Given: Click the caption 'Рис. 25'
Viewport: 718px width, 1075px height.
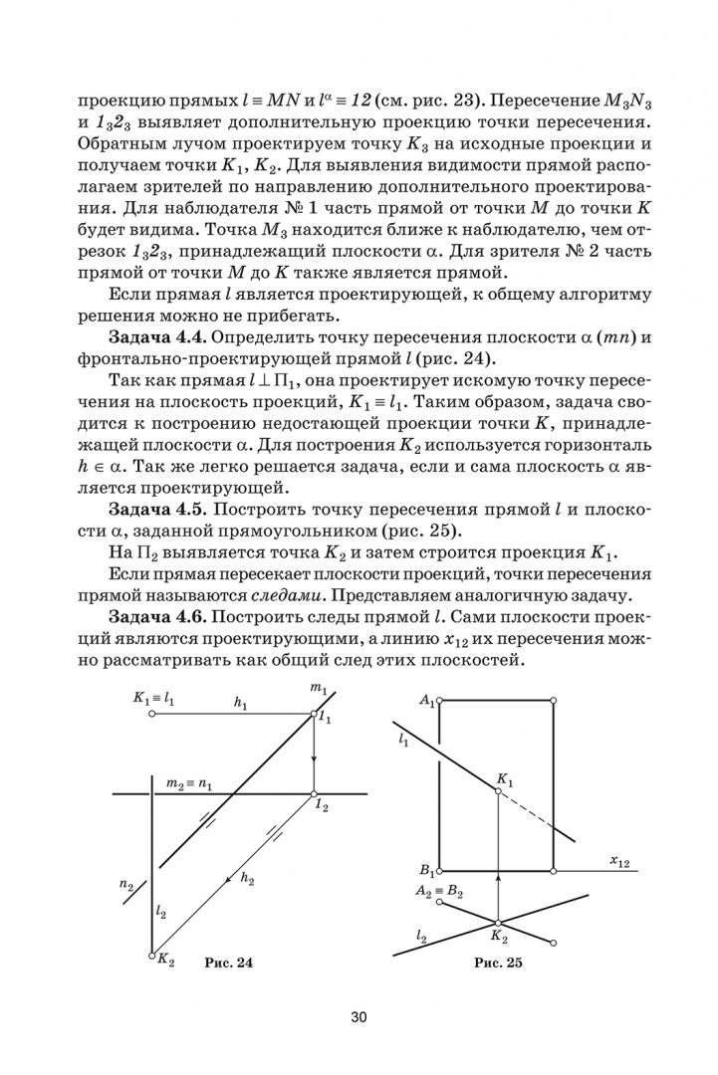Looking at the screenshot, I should click(498, 963).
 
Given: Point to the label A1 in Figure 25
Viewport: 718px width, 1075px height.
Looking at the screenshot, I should click(426, 701).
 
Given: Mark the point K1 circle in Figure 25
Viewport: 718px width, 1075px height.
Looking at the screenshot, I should click(497, 790).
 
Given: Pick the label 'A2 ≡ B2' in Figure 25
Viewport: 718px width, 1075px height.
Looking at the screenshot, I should click(439, 891).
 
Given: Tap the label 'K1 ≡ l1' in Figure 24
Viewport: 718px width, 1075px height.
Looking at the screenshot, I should click(153, 700).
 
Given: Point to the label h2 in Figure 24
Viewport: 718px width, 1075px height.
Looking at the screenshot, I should click(248, 880).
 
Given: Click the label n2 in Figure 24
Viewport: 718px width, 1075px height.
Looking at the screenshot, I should click(125, 883).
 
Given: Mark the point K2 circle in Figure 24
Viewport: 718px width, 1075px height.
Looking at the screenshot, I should click(151, 956).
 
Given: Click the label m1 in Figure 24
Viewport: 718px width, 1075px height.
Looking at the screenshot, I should click(319, 688).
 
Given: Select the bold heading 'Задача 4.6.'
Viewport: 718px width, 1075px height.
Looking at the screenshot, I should click(153, 619).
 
